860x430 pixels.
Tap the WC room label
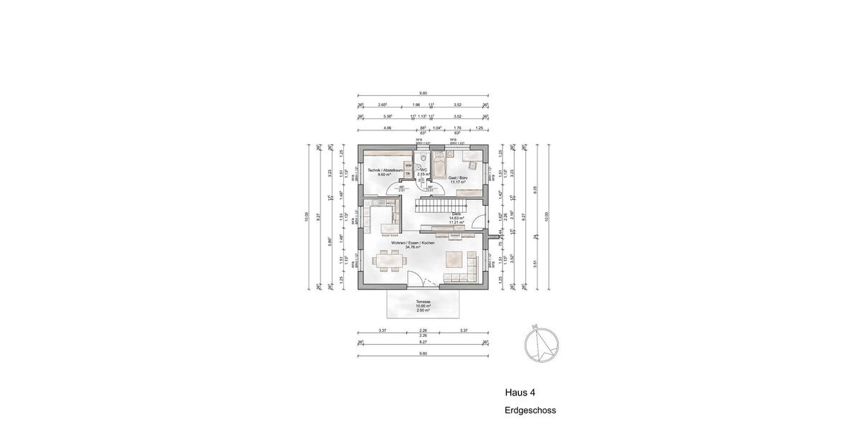pyautogui.click(x=424, y=170)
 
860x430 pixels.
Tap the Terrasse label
pyautogui.click(x=423, y=302)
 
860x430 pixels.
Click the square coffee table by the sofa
pyautogui.click(x=454, y=258)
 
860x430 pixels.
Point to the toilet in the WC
pyautogui.click(x=423, y=157)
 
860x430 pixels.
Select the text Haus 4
pyautogui.click(x=520, y=393)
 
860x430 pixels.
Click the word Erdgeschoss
pyautogui.click(x=530, y=411)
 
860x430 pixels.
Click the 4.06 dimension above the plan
pyautogui.click(x=387, y=128)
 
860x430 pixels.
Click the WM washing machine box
pyautogui.click(x=408, y=165)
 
